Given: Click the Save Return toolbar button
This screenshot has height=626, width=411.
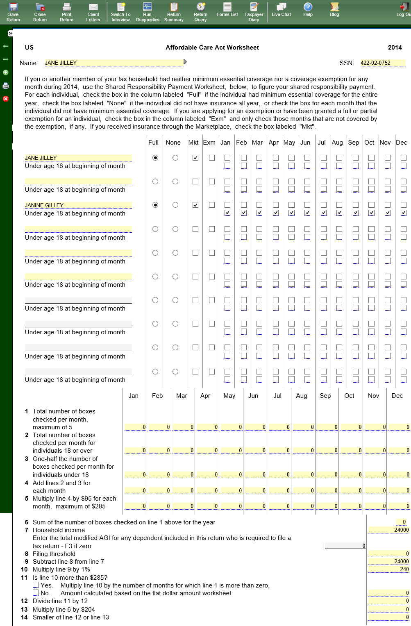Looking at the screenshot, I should pyautogui.click(x=13, y=12).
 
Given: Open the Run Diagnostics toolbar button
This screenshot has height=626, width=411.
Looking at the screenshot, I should pyautogui.click(x=148, y=12).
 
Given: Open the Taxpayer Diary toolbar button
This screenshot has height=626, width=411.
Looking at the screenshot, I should pyautogui.click(x=254, y=12).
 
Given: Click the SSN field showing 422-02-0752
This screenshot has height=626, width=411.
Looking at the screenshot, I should pyautogui.click(x=383, y=63).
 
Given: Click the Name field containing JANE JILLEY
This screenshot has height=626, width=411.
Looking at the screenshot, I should pyautogui.click(x=114, y=63).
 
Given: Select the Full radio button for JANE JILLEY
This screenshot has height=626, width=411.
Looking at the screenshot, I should pyautogui.click(x=155, y=158).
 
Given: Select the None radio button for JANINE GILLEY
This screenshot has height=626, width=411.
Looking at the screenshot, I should pyautogui.click(x=175, y=205).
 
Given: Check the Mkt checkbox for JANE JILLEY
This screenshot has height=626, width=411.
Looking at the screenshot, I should pyautogui.click(x=195, y=158).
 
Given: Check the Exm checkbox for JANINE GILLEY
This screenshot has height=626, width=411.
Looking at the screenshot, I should pyautogui.click(x=211, y=205).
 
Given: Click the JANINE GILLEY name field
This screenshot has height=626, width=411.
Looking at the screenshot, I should pyautogui.click(x=78, y=205).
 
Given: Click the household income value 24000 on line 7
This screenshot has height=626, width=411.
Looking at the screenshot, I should pyautogui.click(x=388, y=530).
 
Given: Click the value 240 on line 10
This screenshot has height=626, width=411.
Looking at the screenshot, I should pyautogui.click(x=388, y=569).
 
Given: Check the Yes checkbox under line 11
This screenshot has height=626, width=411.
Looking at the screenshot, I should pyautogui.click(x=36, y=585).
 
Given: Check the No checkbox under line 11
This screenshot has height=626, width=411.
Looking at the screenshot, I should pyautogui.click(x=36, y=593).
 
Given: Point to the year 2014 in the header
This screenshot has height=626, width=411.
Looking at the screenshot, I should pyautogui.click(x=395, y=48).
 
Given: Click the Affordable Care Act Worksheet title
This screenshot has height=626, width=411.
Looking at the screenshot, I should pyautogui.click(x=212, y=48).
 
